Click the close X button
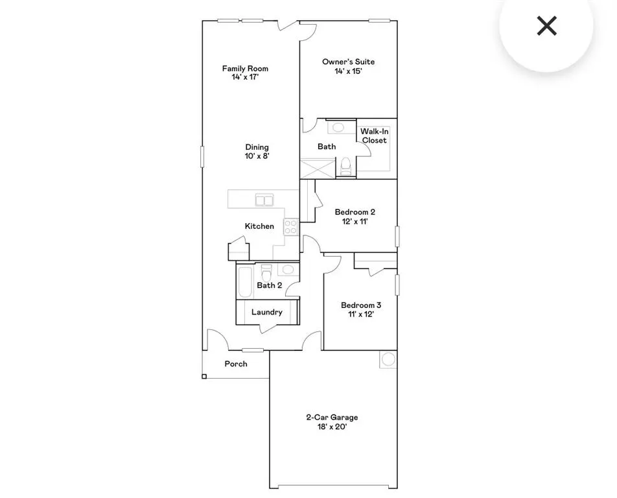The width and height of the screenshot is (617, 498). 547,26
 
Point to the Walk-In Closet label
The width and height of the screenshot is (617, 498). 374,136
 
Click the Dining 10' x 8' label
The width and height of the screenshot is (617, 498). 257,151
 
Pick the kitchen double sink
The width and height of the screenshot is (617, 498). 264,200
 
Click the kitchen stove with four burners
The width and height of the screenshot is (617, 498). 291,227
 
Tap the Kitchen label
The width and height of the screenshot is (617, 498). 259,226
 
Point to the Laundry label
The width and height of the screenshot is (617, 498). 267,312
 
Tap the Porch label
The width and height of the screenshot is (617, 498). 236,364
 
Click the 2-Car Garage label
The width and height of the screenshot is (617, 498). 332,418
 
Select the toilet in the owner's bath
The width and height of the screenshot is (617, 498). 346,166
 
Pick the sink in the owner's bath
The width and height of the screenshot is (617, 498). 338,127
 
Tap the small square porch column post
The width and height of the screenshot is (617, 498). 205,375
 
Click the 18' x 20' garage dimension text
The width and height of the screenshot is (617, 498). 332,427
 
